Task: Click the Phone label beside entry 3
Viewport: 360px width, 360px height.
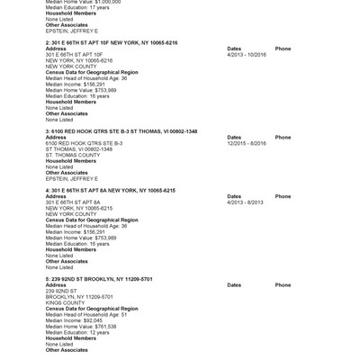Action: (283, 137)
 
